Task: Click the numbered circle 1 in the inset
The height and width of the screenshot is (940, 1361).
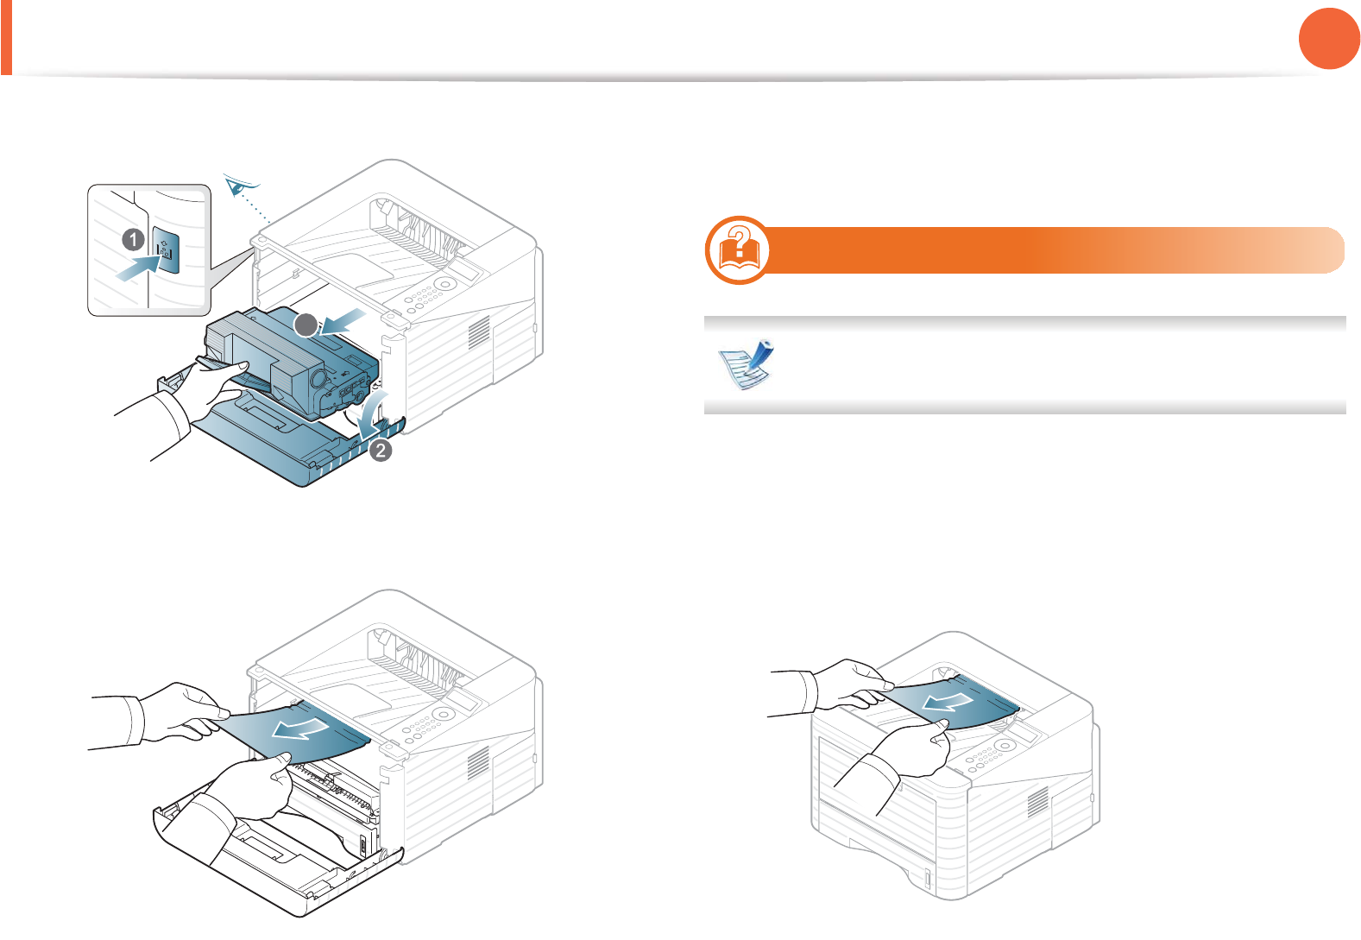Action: point(133,239)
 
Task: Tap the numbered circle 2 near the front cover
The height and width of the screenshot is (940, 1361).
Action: point(381,450)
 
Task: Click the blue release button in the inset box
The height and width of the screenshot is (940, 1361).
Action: point(165,250)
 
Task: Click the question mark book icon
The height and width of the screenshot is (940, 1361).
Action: point(739,250)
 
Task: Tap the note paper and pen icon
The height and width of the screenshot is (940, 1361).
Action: point(747,365)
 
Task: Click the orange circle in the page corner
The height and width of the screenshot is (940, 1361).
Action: point(1329,38)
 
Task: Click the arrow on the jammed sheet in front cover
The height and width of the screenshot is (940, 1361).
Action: point(299,729)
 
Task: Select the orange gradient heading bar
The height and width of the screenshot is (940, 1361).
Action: point(1053,250)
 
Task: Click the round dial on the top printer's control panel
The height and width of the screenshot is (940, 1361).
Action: point(444,284)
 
